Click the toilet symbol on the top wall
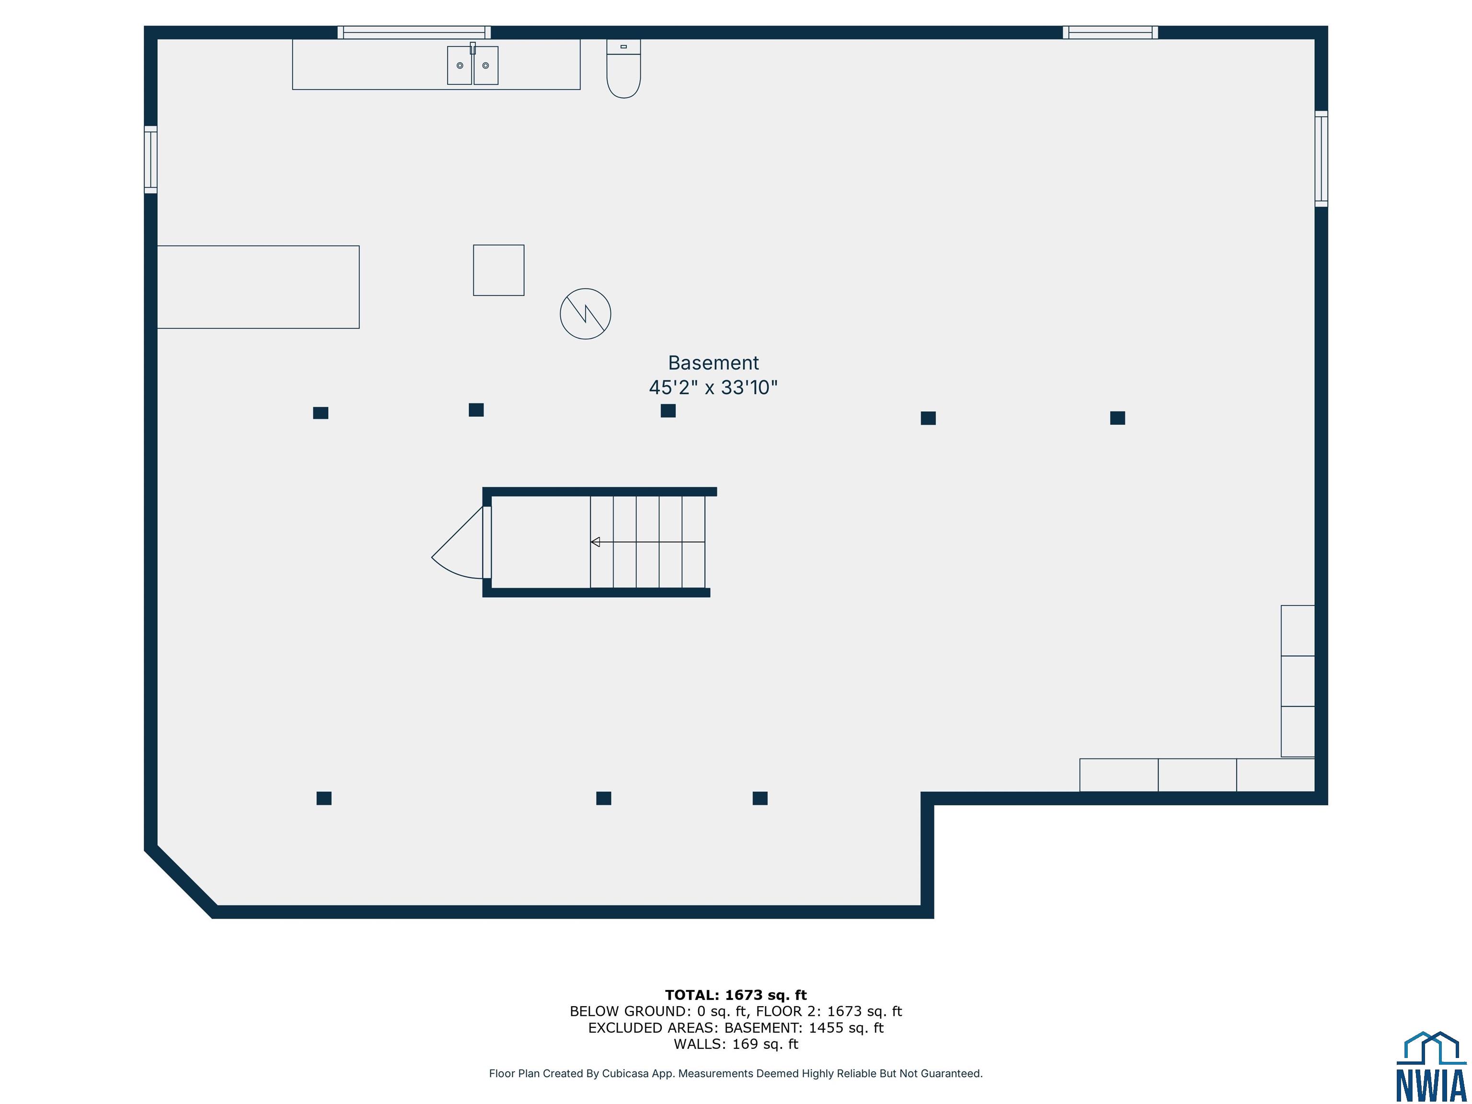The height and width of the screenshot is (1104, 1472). [x=623, y=68]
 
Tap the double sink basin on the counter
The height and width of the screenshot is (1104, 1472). [x=472, y=65]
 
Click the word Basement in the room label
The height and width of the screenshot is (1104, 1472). [x=713, y=363]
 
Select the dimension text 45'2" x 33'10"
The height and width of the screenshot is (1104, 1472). [x=713, y=387]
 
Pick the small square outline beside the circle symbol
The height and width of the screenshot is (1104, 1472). [x=498, y=270]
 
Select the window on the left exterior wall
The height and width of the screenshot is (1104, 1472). [x=151, y=160]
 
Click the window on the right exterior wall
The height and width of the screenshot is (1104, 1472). [x=1321, y=159]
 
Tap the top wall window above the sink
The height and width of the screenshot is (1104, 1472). [x=414, y=32]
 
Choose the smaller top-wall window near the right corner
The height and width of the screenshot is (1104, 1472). [x=1110, y=32]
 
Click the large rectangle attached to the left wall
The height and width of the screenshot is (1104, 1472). [x=258, y=287]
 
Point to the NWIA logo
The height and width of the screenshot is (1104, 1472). [x=1431, y=1066]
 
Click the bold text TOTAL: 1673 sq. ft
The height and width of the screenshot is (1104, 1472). [x=736, y=995]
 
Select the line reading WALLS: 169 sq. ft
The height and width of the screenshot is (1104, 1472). [x=736, y=1044]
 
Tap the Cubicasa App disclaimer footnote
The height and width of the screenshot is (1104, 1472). [x=736, y=1073]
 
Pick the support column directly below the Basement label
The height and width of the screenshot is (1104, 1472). [x=668, y=411]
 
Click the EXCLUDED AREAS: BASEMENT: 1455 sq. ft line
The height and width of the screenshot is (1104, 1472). [x=736, y=1027]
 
